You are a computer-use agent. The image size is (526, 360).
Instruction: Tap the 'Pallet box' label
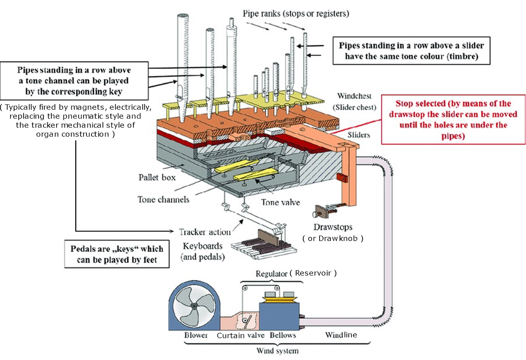click(157, 178)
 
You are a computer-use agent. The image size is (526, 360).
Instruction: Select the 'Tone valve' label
click(280, 202)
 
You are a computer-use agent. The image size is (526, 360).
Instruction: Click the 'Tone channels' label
click(163, 200)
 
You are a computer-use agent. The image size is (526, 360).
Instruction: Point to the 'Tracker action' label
click(205, 232)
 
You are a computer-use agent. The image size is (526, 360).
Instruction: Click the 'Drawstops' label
click(333, 227)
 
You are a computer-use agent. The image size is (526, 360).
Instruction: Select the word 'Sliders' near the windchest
click(359, 135)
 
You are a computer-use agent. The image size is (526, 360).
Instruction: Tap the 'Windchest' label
click(354, 96)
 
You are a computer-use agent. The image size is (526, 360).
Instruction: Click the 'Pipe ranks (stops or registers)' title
click(296, 14)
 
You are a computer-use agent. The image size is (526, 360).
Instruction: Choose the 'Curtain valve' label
click(240, 335)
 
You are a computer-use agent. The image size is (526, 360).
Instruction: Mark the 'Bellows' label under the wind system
click(283, 335)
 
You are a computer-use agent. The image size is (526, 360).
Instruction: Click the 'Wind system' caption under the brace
click(277, 351)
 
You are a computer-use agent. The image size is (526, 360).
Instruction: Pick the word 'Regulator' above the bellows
click(271, 274)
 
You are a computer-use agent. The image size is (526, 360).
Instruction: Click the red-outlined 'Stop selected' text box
click(453, 120)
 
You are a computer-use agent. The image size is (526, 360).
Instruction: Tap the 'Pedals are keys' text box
click(117, 254)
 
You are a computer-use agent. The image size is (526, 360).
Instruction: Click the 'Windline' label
click(341, 335)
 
